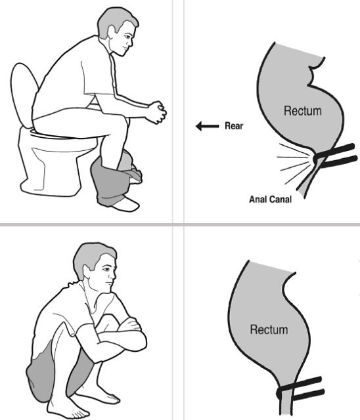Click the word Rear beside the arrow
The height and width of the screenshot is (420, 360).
coord(234,126)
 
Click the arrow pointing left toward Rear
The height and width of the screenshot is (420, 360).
coord(207,126)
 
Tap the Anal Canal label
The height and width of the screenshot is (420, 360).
coord(270,199)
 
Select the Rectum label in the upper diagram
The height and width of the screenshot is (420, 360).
coord(303,111)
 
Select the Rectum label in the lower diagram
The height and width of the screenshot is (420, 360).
coord(269,329)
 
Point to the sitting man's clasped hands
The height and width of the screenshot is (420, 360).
coord(157,113)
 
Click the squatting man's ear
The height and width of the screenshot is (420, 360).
coord(87,272)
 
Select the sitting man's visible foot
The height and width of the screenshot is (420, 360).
coord(126,204)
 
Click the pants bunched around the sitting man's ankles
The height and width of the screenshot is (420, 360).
coord(115,177)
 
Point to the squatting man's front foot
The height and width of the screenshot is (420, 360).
coord(66,407)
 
